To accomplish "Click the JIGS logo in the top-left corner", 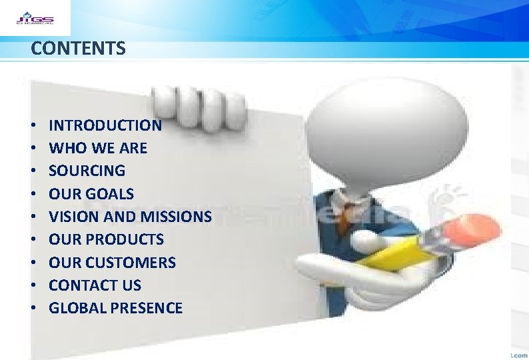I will click(x=35, y=17).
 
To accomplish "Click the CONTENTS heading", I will click(x=78, y=49).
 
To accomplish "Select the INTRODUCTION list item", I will click(x=105, y=125).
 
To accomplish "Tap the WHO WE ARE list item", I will click(x=98, y=148).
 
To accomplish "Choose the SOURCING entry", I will click(x=87, y=171).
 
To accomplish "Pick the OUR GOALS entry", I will click(x=91, y=194).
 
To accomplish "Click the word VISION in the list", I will click(x=71, y=217).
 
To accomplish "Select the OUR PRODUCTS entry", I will click(x=106, y=239).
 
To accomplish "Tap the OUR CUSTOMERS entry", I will click(x=112, y=263).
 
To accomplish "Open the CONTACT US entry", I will click(x=95, y=285).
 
